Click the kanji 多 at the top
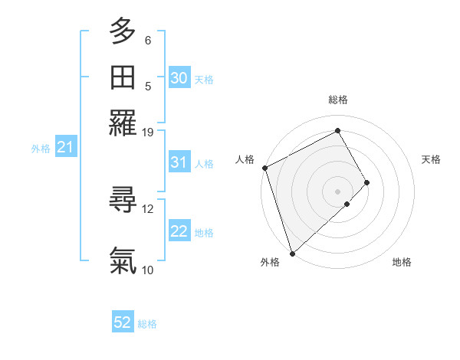pyautogui.click(x=123, y=31)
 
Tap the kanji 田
pyautogui.click(x=123, y=77)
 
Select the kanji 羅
pyautogui.click(x=123, y=123)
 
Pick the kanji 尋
pyautogui.click(x=123, y=201)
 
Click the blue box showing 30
pyautogui.click(x=179, y=77)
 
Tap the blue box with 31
pyautogui.click(x=179, y=162)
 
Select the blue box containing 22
pyautogui.click(x=179, y=232)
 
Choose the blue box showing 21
pyautogui.click(x=64, y=148)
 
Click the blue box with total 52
pyautogui.click(x=123, y=322)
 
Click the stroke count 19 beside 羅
pyautogui.click(x=148, y=132)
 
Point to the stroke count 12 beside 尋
pyautogui.click(x=148, y=208)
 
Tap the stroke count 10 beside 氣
pyautogui.click(x=148, y=269)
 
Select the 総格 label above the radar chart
pyautogui.click(x=338, y=100)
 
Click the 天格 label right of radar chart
pyautogui.click(x=431, y=159)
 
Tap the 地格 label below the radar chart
pyautogui.click(x=402, y=262)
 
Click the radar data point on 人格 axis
pyautogui.click(x=264, y=168)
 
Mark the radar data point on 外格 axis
pyautogui.click(x=292, y=253)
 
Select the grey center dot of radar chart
pyautogui.click(x=338, y=191)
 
